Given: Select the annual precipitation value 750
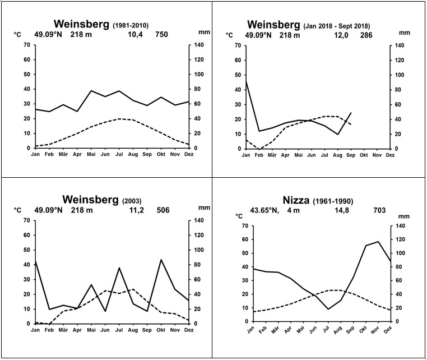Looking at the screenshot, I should pyautogui.click(x=161, y=35).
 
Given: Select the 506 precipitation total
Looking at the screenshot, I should pyautogui.click(x=162, y=210).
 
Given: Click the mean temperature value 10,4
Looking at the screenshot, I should pyautogui.click(x=134, y=35).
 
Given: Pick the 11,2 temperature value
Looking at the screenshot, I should pyautogui.click(x=135, y=210).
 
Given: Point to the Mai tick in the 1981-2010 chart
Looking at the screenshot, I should pyautogui.click(x=91, y=154).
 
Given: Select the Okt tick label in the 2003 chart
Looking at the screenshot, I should pyautogui.click(x=162, y=329).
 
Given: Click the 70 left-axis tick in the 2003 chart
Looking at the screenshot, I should pyautogui.click(x=26, y=220).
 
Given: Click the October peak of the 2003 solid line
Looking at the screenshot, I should pyautogui.click(x=161, y=260).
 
